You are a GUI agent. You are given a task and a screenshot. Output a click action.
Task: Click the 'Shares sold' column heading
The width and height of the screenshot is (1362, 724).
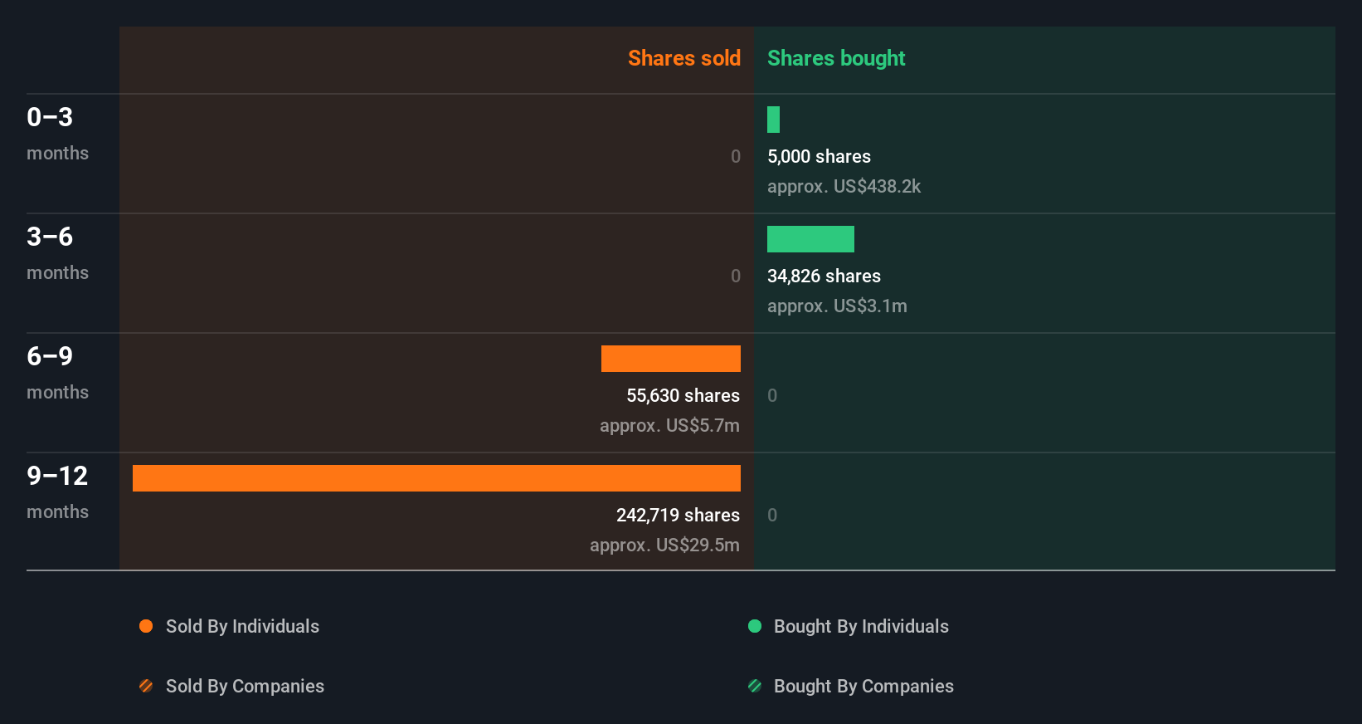[x=683, y=58]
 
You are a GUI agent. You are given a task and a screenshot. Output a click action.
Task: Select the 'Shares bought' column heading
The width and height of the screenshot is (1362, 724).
[x=835, y=58]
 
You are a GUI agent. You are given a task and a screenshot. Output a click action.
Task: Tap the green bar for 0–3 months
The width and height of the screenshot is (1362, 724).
[x=773, y=120]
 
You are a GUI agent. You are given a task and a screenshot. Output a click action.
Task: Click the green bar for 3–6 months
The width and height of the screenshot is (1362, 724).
[x=810, y=239]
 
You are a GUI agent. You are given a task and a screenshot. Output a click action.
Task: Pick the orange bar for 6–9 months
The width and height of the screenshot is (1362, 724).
[x=670, y=359]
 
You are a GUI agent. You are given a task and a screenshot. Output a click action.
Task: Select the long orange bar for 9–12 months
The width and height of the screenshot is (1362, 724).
[x=436, y=478]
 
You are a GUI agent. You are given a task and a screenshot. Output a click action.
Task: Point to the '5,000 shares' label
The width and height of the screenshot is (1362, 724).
[x=819, y=157]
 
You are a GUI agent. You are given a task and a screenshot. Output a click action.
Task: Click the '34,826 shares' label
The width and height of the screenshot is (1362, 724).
[x=824, y=276]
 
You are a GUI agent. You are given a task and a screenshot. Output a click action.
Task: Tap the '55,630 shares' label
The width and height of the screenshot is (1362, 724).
[x=683, y=396]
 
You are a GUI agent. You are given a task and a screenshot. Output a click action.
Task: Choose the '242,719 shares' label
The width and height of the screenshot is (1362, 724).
[x=678, y=516]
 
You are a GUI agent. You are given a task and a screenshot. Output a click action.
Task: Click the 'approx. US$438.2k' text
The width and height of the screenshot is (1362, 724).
[x=844, y=187]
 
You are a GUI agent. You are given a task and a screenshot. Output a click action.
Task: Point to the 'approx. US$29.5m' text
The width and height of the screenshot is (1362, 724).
[x=664, y=545]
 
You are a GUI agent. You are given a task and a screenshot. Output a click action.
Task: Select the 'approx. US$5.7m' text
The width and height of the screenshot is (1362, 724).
[x=669, y=426]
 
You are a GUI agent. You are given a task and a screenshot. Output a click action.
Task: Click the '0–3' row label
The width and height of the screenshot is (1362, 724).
[x=50, y=117]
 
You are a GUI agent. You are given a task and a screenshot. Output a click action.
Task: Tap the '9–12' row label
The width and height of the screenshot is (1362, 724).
[x=57, y=476]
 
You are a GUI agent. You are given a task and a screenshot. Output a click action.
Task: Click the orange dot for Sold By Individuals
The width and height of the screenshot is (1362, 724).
[x=146, y=626]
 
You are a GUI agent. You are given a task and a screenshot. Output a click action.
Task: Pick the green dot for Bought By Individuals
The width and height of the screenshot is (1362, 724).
[x=755, y=626]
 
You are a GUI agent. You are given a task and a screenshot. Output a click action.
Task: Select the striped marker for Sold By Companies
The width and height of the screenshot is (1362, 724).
[x=146, y=686]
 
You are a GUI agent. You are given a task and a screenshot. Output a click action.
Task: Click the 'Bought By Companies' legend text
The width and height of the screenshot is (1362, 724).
[x=863, y=687]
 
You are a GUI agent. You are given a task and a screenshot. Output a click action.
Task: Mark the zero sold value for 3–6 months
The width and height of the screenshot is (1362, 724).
[x=736, y=276]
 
